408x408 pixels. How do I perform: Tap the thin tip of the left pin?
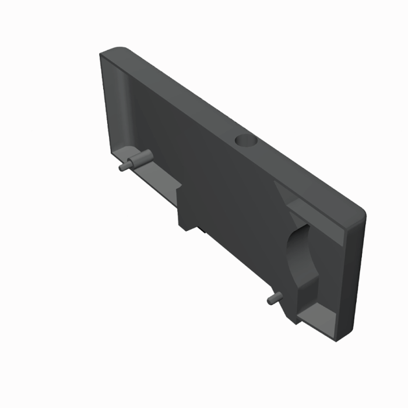tap(123, 167)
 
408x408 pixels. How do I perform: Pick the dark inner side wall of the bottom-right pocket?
tap(303, 297)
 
